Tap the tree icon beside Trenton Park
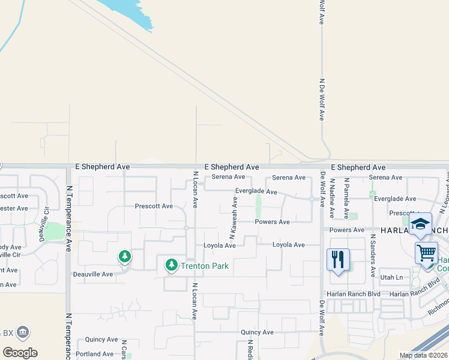172,265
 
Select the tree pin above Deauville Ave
124,257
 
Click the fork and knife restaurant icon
339,259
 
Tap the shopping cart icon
426,253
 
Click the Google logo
20,353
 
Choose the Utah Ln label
391,277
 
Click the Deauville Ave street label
90,274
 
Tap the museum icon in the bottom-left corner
23,331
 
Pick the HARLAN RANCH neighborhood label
414,230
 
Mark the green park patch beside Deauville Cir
55,231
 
